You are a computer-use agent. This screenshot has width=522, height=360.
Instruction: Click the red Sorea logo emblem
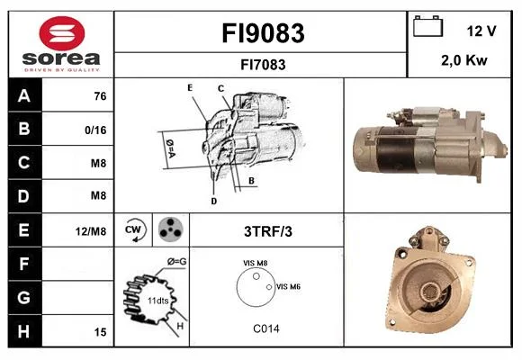(62, 33)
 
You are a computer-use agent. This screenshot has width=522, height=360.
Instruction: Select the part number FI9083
(263, 33)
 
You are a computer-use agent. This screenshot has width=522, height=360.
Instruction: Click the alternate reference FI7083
(263, 65)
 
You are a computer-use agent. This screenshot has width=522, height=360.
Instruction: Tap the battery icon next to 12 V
(427, 26)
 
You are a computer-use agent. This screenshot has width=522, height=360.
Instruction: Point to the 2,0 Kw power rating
(464, 60)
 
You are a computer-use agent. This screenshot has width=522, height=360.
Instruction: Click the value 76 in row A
(100, 96)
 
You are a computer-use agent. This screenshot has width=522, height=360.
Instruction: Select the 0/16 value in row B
(95, 130)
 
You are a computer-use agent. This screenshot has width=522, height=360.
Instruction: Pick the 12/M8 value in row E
(91, 231)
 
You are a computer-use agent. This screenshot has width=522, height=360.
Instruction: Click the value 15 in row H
(100, 332)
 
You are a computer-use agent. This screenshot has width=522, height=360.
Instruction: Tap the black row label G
(25, 297)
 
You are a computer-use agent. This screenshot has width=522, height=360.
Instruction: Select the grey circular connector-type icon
(171, 229)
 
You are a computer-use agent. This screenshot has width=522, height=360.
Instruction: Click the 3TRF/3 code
(268, 231)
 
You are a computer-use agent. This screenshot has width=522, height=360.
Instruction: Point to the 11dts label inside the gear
(157, 301)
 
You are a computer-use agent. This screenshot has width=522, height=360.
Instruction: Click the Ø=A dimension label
(170, 148)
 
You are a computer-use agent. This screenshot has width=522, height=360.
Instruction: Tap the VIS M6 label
(288, 287)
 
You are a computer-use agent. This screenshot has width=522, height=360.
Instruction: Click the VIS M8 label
(255, 263)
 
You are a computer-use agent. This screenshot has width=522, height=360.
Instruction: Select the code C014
(266, 328)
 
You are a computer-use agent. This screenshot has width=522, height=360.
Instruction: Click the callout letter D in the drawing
(213, 201)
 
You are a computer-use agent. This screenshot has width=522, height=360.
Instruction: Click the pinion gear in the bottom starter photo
(429, 292)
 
